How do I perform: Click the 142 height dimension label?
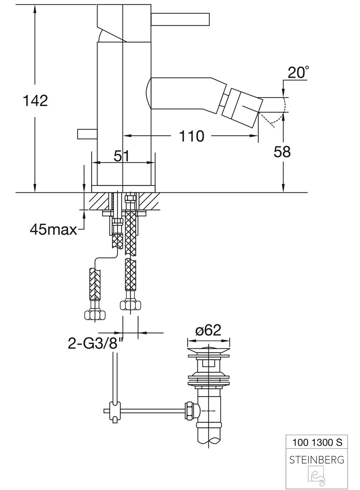point(35,101)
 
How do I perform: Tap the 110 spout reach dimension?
point(191,136)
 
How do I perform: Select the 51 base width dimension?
point(122,156)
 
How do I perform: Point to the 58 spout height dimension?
point(282,152)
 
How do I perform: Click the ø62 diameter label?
point(208,330)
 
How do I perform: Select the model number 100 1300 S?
point(317,442)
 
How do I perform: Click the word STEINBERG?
point(317,460)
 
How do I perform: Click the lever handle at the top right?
point(180,20)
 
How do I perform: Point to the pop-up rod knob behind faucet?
point(87,134)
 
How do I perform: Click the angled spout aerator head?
point(244,106)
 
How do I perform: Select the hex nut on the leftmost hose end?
point(95,315)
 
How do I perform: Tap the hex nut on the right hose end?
point(131,305)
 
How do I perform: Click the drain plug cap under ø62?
point(208,349)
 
